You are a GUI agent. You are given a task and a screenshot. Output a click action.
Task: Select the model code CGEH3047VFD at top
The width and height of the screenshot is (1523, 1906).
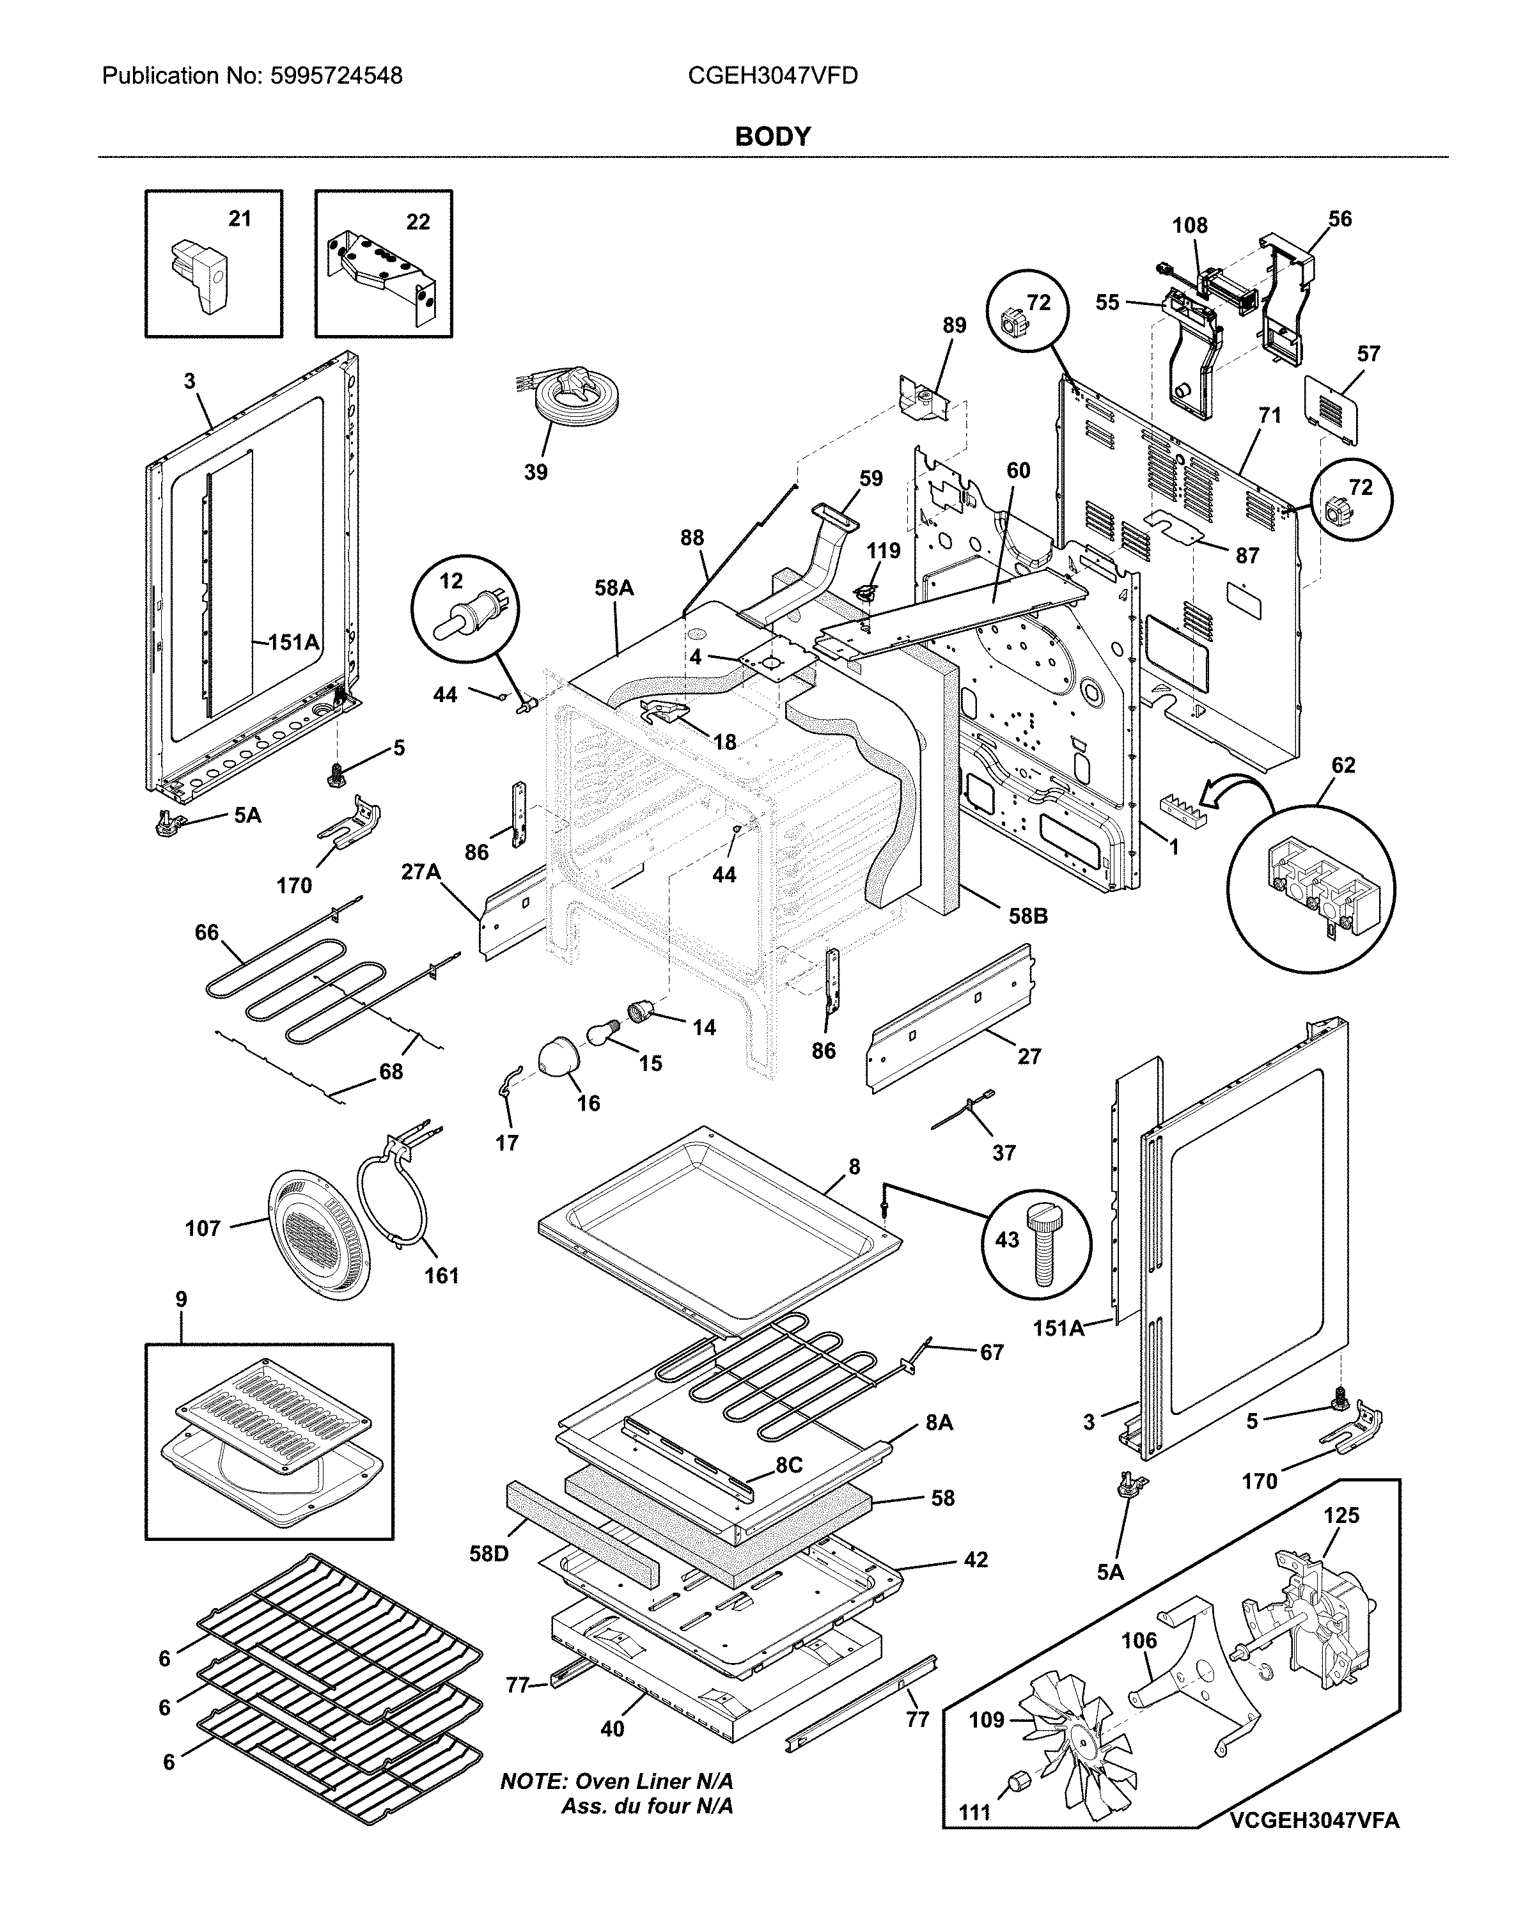(772, 76)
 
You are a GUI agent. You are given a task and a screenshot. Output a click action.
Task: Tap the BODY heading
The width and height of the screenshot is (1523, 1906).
(772, 136)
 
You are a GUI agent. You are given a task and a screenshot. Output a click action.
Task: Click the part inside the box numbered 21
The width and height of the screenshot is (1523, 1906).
(201, 274)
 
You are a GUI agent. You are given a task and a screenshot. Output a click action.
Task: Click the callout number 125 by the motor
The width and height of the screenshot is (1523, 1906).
(1341, 1515)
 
